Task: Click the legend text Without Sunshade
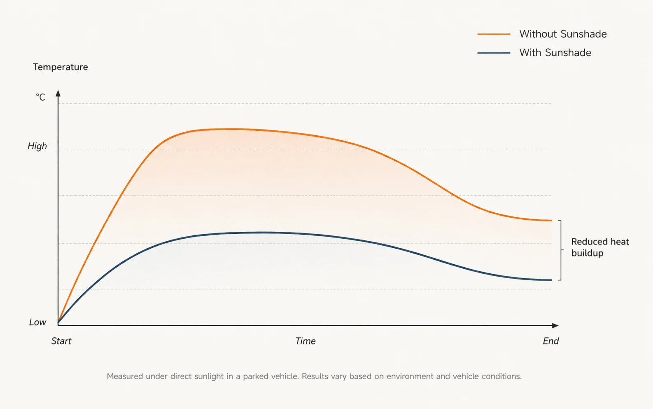coord(563,34)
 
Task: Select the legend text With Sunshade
coord(555,53)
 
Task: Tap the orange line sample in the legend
coord(494,34)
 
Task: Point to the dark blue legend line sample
coord(494,53)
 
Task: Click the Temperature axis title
coord(61,67)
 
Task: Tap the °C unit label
coord(40,97)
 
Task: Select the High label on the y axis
coord(37,146)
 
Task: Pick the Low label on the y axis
coord(37,322)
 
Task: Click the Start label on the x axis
coord(61,341)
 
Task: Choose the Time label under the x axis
coord(305,341)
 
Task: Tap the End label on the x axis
coord(550,341)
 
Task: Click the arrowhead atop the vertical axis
coord(58,94)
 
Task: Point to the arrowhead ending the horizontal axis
coord(555,325)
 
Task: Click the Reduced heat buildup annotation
coord(600,247)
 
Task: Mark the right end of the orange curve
coord(552,221)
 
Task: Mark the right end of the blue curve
coord(552,280)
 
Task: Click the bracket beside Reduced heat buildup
coord(561,250)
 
